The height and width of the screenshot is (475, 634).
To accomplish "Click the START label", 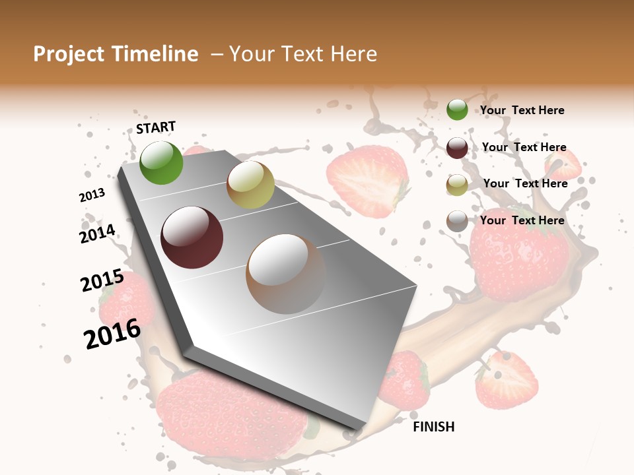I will click(156, 127).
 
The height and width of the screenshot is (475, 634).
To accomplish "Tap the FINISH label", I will click(434, 427).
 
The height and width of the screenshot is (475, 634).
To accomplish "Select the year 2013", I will click(92, 195).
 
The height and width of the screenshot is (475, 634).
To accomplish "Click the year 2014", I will click(98, 234).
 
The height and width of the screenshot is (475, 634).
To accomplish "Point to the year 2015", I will click(102, 281).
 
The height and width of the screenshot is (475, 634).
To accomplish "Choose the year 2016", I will click(112, 334).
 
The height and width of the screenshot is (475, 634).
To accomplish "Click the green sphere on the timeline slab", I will click(161, 162).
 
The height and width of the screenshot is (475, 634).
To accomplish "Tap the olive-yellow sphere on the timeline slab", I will click(250, 185).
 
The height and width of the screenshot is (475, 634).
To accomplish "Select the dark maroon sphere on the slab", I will click(192, 237).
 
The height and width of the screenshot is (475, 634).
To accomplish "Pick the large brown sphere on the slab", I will click(286, 274).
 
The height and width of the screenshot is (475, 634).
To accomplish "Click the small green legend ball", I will click(457, 110).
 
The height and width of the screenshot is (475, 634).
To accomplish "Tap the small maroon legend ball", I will click(457, 148).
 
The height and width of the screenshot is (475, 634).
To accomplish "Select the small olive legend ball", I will click(457, 185).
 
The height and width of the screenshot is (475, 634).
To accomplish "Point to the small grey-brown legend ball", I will click(457, 222).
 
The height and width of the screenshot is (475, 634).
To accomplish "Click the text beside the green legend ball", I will click(522, 110).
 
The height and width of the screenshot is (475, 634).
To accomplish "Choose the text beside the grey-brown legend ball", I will click(522, 220).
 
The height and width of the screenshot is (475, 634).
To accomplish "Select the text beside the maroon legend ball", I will click(524, 147).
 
